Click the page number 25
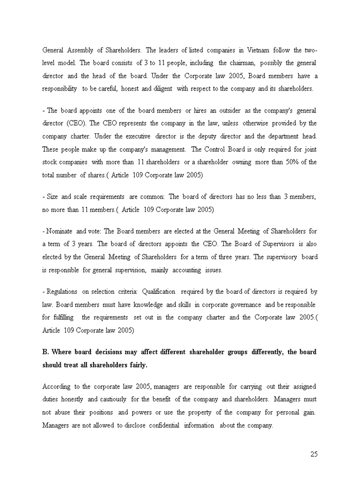(314, 454)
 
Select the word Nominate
(60, 232)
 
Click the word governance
(241, 305)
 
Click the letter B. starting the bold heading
(45, 352)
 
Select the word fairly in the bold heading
(136, 365)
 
